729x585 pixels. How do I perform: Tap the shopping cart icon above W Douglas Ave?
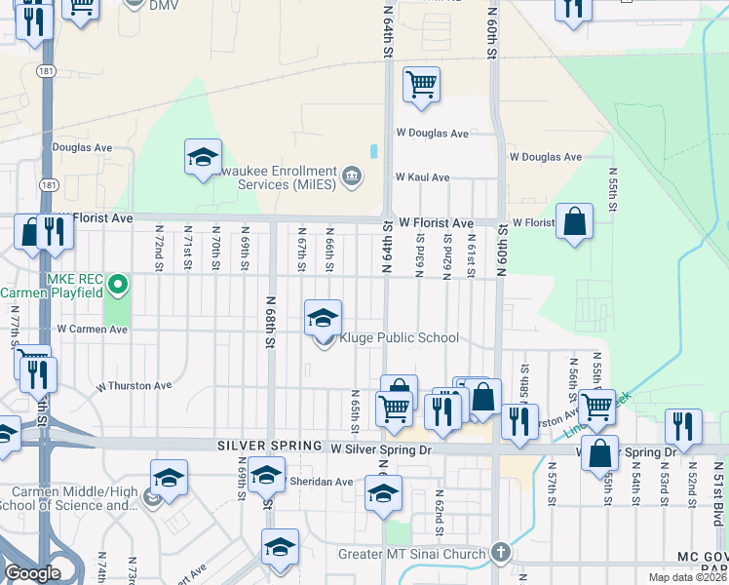421,84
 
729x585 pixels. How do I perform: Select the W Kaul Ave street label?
422,177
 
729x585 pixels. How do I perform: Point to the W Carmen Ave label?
93,330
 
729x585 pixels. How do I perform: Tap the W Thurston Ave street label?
134,386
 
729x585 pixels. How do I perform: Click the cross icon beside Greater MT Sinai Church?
500,552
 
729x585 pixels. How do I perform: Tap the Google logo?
32,573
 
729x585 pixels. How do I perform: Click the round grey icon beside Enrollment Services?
352,176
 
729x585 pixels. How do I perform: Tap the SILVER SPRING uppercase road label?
269,446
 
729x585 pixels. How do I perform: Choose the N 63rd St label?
420,252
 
